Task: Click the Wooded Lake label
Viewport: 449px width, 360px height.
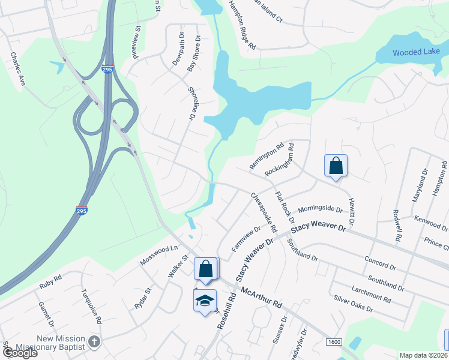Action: (x=416, y=53)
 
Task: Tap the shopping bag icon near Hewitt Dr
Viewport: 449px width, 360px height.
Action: (x=336, y=166)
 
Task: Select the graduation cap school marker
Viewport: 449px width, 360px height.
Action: (x=204, y=300)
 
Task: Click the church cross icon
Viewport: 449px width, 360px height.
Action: (x=94, y=342)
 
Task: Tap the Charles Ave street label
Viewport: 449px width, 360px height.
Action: (x=16, y=69)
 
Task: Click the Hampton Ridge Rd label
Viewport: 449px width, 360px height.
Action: (x=242, y=25)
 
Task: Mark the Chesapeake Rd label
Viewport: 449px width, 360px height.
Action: (x=264, y=213)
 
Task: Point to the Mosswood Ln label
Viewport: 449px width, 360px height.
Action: (x=159, y=256)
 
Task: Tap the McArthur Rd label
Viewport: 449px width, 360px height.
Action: (x=261, y=297)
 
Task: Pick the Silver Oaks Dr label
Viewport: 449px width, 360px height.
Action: (x=354, y=304)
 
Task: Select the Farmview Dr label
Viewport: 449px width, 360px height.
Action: (x=246, y=238)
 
